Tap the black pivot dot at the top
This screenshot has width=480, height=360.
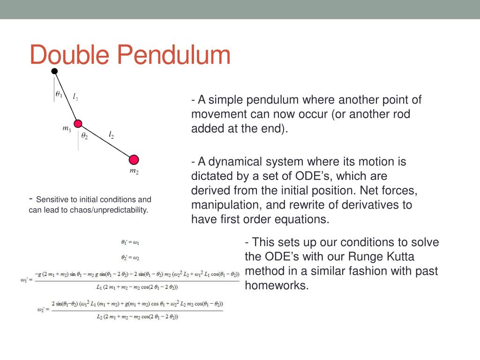click(54, 71)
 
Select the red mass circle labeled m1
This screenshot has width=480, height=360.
click(78, 124)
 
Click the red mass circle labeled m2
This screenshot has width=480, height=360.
click(134, 159)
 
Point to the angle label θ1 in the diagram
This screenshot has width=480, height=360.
click(59, 94)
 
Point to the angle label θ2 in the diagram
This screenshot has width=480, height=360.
click(84, 136)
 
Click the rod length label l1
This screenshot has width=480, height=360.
click(75, 97)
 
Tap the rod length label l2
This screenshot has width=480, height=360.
click(111, 135)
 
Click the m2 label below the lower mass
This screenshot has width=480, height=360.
click(134, 172)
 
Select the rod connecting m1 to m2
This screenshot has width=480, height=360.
click(106, 142)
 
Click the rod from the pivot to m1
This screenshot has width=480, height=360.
click(66, 97)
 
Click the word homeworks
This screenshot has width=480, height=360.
click(277, 285)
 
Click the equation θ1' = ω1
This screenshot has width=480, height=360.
click(130, 242)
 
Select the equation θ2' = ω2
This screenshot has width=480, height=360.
click(130, 257)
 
